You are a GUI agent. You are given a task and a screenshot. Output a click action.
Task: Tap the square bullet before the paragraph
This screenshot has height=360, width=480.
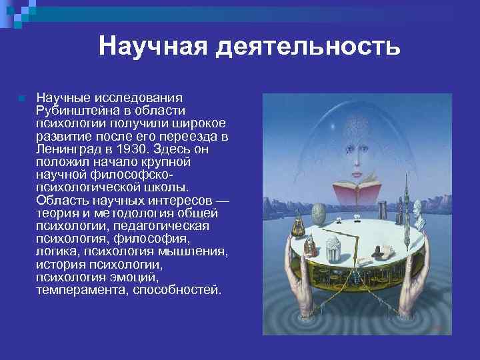tap(22, 99)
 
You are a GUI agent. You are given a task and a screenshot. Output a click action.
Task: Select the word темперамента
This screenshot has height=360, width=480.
tap(80, 291)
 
